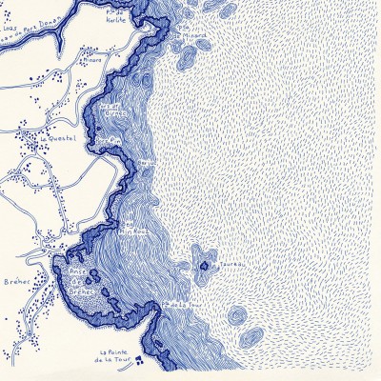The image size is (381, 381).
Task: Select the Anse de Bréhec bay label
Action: (84, 285)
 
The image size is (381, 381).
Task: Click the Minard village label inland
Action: (91, 55)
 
